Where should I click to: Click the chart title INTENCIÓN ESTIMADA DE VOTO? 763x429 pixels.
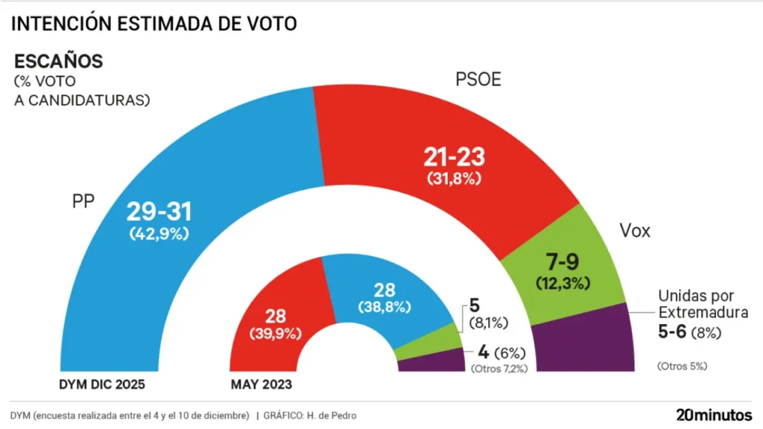tap(153, 24)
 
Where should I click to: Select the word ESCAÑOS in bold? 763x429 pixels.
tap(59, 61)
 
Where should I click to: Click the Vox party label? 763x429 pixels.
tap(635, 231)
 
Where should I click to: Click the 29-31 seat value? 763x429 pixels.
tap(158, 212)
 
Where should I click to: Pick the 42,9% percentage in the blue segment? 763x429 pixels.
tap(158, 233)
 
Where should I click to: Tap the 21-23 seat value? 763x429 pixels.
tap(454, 157)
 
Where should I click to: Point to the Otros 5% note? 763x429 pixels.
tap(682, 366)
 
